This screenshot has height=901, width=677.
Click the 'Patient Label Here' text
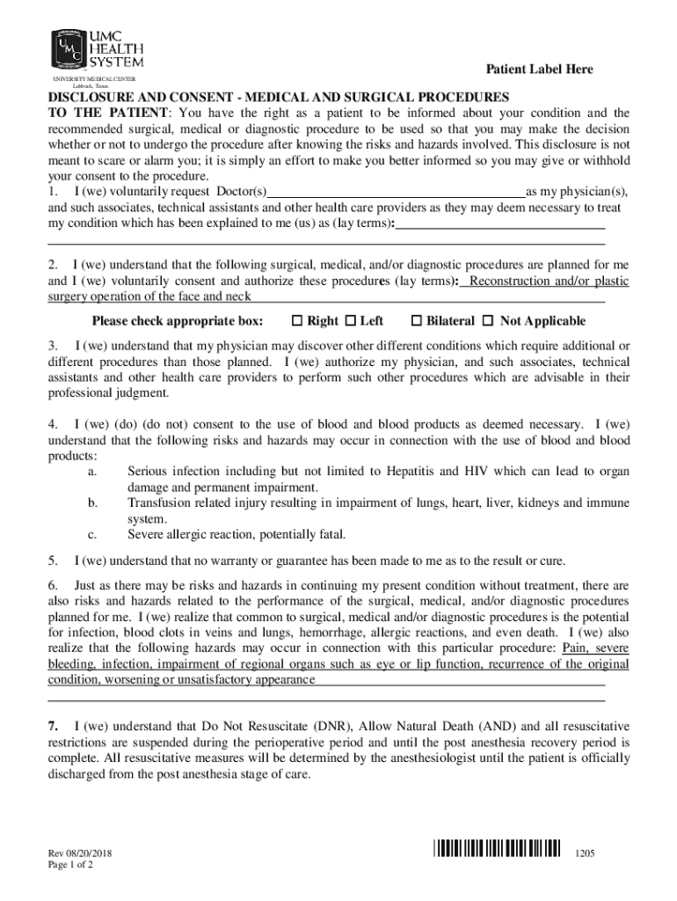pyautogui.click(x=540, y=70)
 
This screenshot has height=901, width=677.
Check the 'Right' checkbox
pyautogui.click(x=297, y=321)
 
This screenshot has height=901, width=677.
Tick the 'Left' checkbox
pyautogui.click(x=351, y=321)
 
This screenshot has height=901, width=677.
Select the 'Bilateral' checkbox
pyautogui.click(x=418, y=321)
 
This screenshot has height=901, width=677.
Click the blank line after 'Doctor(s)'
pyautogui.click(x=396, y=192)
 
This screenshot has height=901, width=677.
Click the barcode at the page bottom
pyautogui.click(x=497, y=848)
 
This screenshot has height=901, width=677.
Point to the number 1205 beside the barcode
pyautogui.click(x=586, y=854)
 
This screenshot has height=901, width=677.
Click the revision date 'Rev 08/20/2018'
pyautogui.click(x=85, y=853)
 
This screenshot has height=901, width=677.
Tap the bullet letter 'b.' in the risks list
pyautogui.click(x=93, y=503)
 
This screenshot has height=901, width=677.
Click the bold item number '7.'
pyautogui.click(x=54, y=727)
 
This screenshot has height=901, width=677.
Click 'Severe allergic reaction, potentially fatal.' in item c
pyautogui.click(x=237, y=534)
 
